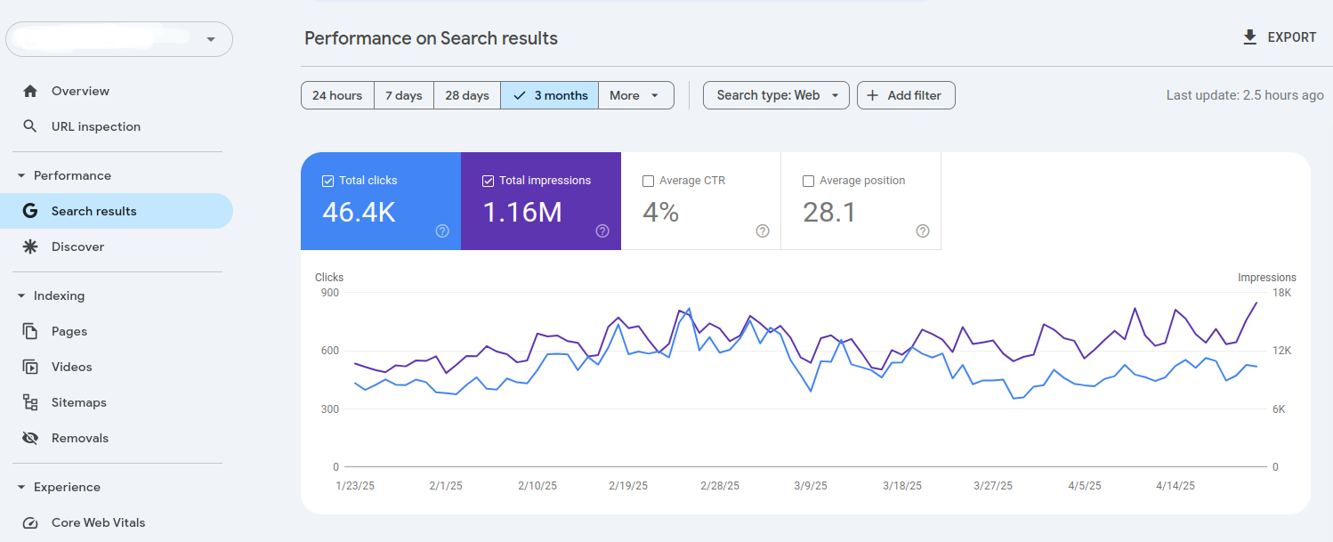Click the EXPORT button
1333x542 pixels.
tap(1279, 37)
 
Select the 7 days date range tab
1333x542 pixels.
tap(403, 95)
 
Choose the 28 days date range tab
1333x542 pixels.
tap(467, 95)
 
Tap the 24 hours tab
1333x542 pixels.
tap(337, 95)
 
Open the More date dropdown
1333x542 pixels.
tap(634, 95)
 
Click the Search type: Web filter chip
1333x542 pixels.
tap(776, 95)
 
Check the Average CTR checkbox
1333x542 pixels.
tap(648, 181)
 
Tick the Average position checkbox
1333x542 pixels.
tap(808, 181)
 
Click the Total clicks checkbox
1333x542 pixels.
tap(327, 181)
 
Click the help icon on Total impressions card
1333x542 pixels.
tap(602, 231)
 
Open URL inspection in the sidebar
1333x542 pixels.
tap(95, 126)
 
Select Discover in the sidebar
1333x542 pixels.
tap(77, 247)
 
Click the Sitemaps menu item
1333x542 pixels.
tap(78, 402)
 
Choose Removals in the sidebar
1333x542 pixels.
tap(79, 438)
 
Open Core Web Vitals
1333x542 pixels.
tap(98, 522)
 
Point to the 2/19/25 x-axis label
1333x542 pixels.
tap(628, 486)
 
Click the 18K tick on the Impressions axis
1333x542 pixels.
tap(1281, 293)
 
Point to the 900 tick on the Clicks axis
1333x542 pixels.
tap(330, 293)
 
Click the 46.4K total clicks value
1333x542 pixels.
tap(359, 212)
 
